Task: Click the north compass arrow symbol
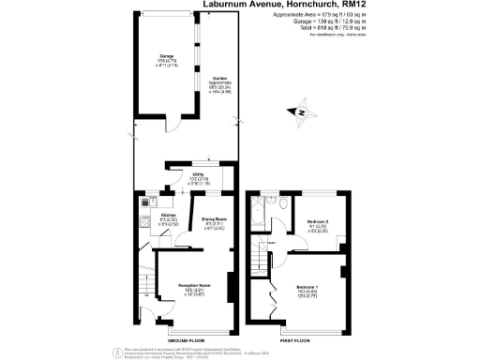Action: point(303,113)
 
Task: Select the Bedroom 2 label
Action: point(320,221)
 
